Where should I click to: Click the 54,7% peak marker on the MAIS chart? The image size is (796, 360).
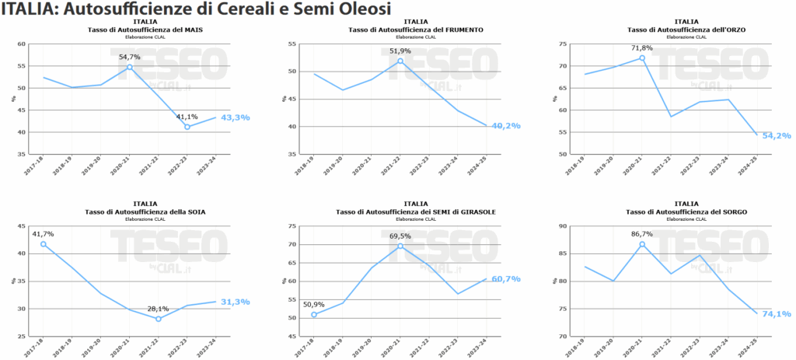[130, 67]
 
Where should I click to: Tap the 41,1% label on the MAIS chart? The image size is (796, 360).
[187, 117]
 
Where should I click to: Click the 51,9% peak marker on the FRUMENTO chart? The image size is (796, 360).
[400, 61]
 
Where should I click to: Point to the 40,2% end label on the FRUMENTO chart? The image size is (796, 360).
[505, 125]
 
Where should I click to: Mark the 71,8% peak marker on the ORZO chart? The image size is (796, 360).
[643, 58]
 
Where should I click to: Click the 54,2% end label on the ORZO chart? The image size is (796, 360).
[777, 135]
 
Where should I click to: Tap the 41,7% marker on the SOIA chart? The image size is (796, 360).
[44, 244]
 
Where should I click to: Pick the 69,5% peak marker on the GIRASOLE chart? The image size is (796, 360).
[400, 246]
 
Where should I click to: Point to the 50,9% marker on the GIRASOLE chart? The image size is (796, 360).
[314, 314]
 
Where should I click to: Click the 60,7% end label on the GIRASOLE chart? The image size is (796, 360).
[505, 278]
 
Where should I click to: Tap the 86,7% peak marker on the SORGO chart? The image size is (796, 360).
[643, 244]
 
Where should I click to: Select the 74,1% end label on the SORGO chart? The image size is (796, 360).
[777, 314]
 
